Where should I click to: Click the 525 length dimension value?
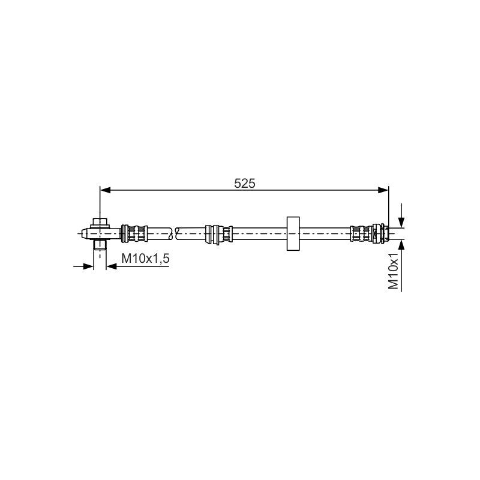pyautogui.click(x=244, y=184)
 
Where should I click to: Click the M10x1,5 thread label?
pyautogui.click(x=145, y=259)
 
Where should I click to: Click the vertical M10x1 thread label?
pyautogui.click(x=394, y=271)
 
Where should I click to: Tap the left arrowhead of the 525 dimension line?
pyautogui.click(x=106, y=190)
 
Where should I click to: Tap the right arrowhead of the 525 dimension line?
pyautogui.click(x=383, y=190)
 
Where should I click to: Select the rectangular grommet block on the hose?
pyautogui.click(x=293, y=233)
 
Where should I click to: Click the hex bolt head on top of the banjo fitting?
pyautogui.click(x=100, y=221)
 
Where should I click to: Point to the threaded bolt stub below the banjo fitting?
pyautogui.click(x=100, y=245)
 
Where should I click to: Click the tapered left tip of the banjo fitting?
pyautogui.click(x=84, y=233)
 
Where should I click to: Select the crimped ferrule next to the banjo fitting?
pyautogui.click(x=134, y=233)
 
